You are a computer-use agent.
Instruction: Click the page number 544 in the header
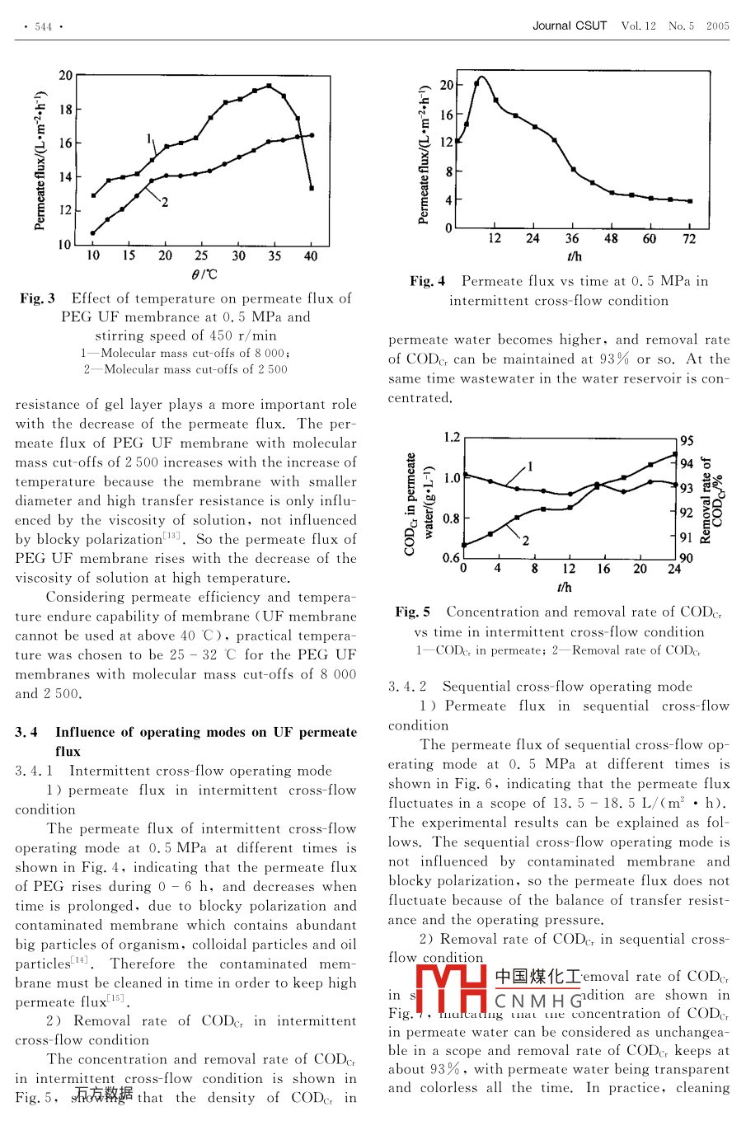(x=44, y=27)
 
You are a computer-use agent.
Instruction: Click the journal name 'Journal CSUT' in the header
(x=569, y=26)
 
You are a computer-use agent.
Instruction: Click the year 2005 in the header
(x=717, y=26)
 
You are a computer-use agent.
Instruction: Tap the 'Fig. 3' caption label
(x=38, y=298)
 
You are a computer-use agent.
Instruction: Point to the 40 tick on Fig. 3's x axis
(x=311, y=256)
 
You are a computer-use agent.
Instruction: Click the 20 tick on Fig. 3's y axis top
(x=65, y=76)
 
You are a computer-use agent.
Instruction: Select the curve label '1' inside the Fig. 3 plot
(x=149, y=138)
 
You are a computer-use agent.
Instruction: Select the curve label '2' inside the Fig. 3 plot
(x=165, y=202)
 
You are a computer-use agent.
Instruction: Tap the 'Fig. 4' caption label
(x=428, y=281)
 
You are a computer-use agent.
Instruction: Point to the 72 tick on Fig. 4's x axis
(x=689, y=239)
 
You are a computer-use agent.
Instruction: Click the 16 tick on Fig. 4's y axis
(x=446, y=115)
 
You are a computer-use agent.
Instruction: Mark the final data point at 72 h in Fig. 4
(x=689, y=201)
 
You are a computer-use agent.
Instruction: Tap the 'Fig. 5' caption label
(x=413, y=612)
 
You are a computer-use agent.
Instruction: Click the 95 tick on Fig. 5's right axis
(x=687, y=441)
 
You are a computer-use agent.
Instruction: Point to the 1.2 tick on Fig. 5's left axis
(x=452, y=438)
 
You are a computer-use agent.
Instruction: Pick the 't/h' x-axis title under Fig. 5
(x=564, y=587)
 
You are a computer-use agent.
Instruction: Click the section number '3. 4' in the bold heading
(x=26, y=732)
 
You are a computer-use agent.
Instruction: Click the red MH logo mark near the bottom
(x=452, y=989)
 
